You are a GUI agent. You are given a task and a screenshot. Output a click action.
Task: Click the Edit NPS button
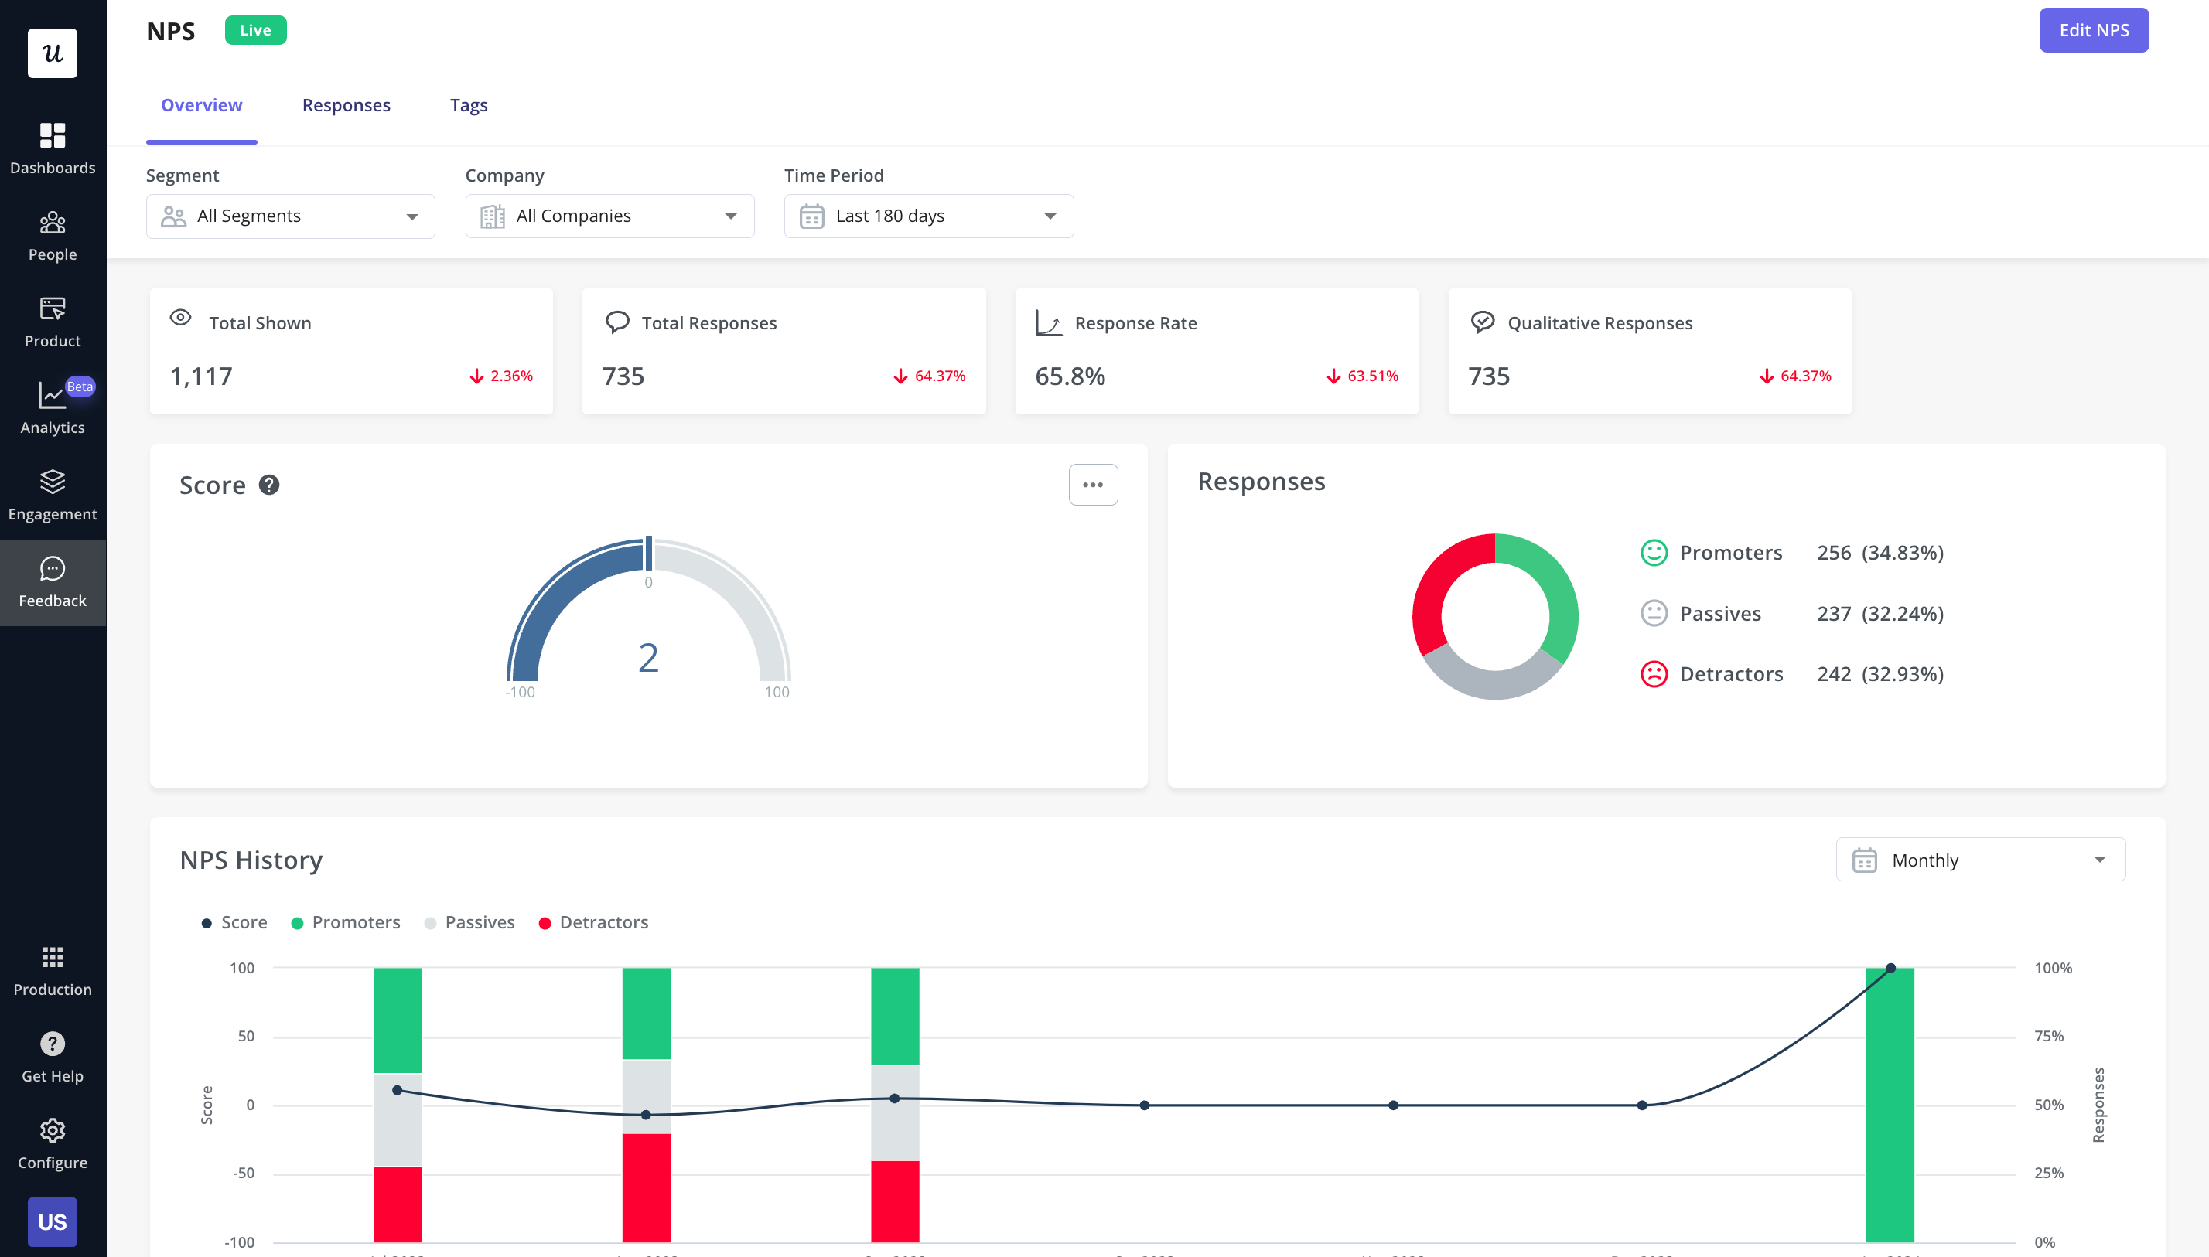[2092, 30]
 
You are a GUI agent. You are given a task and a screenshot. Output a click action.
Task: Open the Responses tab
[346, 104]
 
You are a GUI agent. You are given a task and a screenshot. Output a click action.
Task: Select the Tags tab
[468, 104]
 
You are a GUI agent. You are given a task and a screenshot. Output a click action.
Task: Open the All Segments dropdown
[290, 216]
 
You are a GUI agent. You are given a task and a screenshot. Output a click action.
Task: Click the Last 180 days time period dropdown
[927, 216]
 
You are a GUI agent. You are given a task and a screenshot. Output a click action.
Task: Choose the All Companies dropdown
[609, 216]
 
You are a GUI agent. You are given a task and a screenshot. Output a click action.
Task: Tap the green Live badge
[254, 30]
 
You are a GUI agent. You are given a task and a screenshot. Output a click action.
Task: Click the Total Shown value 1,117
[201, 376]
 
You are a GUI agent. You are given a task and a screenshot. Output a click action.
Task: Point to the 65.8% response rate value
[1069, 376]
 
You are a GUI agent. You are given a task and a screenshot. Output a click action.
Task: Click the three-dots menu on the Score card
[1092, 485]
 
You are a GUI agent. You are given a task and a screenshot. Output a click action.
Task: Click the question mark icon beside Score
[268, 485]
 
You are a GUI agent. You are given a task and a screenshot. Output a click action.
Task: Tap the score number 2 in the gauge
[647, 658]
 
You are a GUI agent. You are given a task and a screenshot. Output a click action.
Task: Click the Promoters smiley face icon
[1653, 553]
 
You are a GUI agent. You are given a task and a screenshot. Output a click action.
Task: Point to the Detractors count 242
[1832, 673]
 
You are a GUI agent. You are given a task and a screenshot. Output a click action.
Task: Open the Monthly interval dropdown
[1979, 860]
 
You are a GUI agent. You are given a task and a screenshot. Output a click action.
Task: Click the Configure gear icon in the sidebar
[53, 1131]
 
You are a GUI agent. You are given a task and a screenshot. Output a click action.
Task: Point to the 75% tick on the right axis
[2048, 1036]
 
